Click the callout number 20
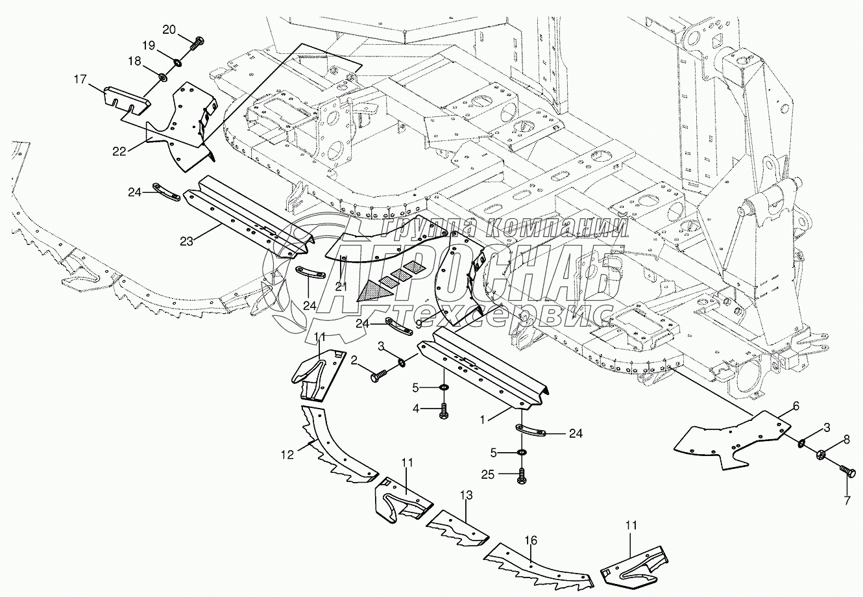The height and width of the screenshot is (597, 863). [169, 29]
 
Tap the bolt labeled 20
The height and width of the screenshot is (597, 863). [197, 44]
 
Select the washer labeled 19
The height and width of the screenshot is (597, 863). [178, 62]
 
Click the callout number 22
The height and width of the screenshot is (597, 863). [119, 151]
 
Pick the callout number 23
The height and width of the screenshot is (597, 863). [186, 242]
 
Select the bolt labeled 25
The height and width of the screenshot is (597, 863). [522, 476]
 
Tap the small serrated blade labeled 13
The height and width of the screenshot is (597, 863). [457, 528]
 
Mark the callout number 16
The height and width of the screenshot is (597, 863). [531, 540]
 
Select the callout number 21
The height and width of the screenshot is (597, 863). [341, 286]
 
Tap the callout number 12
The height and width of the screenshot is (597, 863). [287, 455]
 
